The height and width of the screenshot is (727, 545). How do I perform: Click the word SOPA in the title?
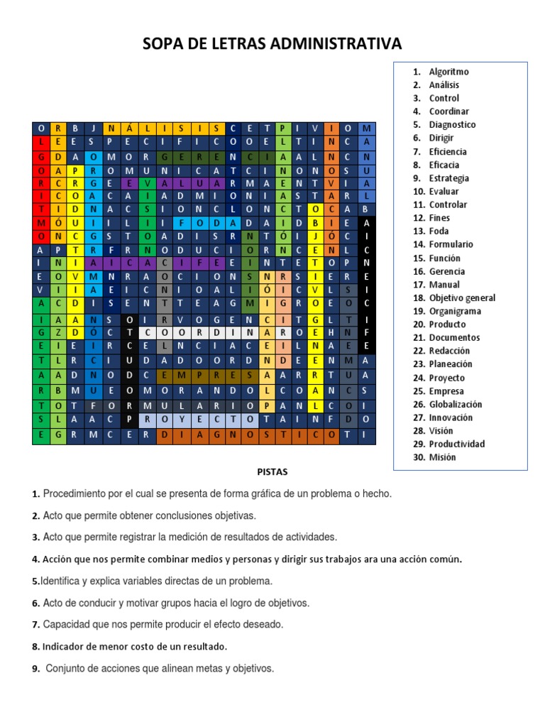[x=163, y=44]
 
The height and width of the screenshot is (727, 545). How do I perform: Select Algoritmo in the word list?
[x=448, y=72]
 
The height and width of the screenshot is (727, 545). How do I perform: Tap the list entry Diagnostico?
[x=452, y=125]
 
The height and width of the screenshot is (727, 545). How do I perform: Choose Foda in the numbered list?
[x=439, y=231]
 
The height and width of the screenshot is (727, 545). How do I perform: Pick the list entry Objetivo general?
[x=462, y=298]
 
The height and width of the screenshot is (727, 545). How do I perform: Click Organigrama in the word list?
[x=455, y=311]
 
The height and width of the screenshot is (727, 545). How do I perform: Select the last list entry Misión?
[x=442, y=457]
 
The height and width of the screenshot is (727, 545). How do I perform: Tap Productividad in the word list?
[x=457, y=444]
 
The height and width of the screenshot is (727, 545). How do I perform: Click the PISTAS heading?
[x=272, y=471]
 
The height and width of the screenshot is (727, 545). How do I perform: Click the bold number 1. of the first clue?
[x=35, y=494]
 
